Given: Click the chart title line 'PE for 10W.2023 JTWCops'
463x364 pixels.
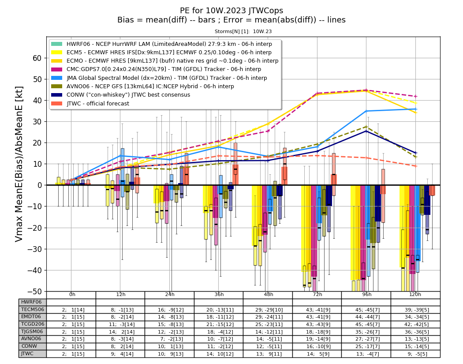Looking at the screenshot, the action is pos(231,11).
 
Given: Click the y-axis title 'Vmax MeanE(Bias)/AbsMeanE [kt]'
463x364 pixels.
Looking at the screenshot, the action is pos(19,164).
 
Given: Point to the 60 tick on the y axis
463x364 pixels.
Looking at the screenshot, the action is pos(37,58).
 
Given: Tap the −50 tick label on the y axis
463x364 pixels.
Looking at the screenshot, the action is pos(34,291).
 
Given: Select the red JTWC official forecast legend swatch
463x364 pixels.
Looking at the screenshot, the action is pos(57,103).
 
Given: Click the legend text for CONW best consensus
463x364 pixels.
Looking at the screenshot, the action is pos(128,95).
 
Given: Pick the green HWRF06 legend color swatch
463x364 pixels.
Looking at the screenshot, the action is pos(57,44).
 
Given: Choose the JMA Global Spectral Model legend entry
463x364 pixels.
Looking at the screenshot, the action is pos(167,78).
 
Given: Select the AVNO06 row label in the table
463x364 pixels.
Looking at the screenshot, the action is pos(31,339).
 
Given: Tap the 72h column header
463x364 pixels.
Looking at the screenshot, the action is pos(317,295).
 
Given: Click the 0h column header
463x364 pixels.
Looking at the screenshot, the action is pos(72,295).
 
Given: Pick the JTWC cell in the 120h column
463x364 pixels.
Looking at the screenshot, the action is pos(416,354).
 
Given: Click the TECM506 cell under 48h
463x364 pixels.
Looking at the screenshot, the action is pos(268,310).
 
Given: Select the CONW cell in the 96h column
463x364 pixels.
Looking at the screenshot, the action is pos(366,346).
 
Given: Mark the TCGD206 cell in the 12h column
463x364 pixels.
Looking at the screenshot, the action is pos(121,324).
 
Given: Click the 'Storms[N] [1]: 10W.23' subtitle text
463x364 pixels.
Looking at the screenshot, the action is pos(243,31).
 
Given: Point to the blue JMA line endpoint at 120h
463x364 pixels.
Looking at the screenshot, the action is pos(416,109).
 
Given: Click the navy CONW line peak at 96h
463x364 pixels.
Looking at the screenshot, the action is pos(366,131).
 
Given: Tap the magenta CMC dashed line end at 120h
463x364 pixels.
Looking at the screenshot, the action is pos(416,96).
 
